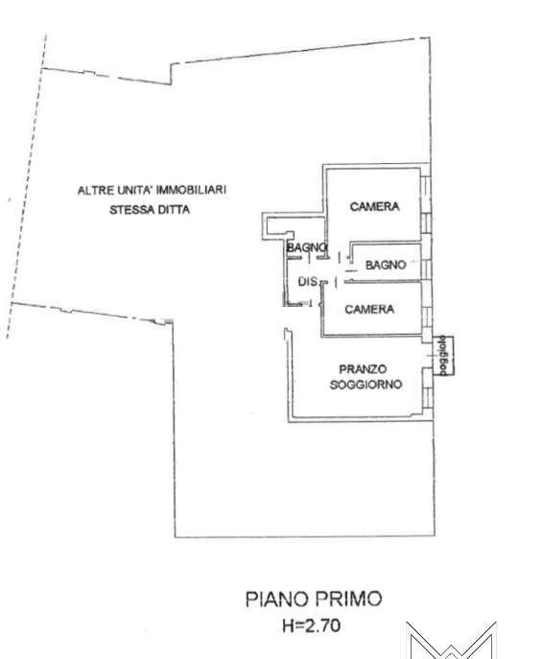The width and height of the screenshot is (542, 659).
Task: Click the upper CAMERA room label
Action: click(x=374, y=206)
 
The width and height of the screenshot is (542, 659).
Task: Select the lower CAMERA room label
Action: click(x=369, y=309)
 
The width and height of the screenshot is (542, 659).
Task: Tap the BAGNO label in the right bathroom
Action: click(x=386, y=265)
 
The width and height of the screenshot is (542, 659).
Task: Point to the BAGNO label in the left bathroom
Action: click(x=306, y=247)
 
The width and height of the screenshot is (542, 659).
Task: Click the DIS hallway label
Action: click(x=308, y=282)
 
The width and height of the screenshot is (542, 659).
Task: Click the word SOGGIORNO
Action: click(x=365, y=384)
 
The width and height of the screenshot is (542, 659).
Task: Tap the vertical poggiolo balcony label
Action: click(x=443, y=355)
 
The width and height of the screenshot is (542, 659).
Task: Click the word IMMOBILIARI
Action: click(x=191, y=190)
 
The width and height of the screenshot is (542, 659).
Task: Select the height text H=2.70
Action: click(x=312, y=625)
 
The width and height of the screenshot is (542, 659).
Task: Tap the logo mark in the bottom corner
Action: click(x=451, y=640)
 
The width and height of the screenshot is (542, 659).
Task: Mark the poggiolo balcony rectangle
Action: click(x=444, y=355)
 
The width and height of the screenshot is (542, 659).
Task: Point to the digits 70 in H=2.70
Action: click(x=331, y=625)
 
